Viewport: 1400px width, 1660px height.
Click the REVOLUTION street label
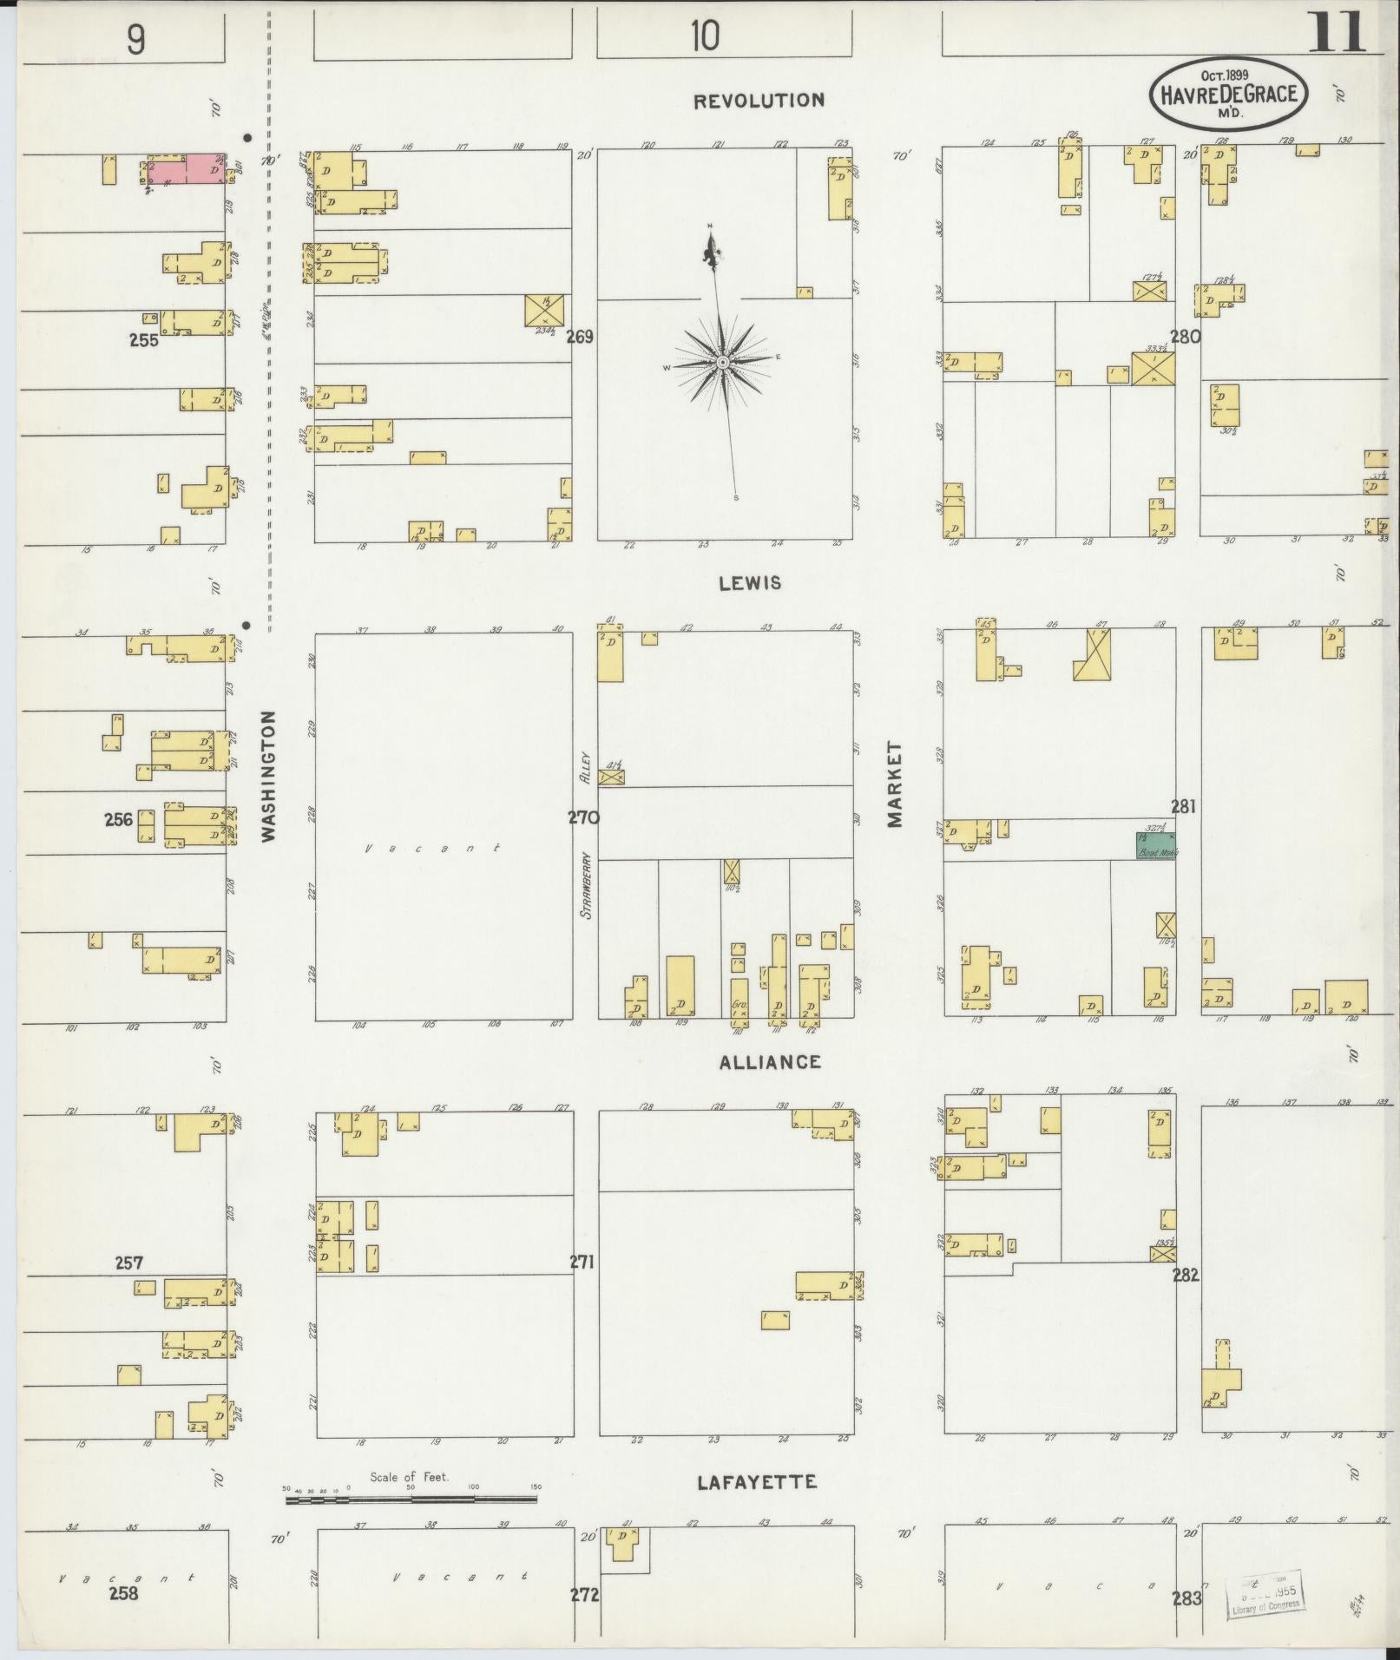tap(759, 101)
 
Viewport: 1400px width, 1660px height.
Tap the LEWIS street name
tap(750, 583)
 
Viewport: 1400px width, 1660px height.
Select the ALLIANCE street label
tap(770, 1061)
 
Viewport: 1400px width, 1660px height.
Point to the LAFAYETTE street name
tap(757, 1482)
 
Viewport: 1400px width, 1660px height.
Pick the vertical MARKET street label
tap(896, 784)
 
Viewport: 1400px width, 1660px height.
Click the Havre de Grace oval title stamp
tap(1228, 95)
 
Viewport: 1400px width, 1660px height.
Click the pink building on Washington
tap(187, 169)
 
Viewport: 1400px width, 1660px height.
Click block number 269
tap(579, 337)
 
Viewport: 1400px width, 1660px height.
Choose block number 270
tap(584, 817)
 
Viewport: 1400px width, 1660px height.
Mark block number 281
tap(1183, 806)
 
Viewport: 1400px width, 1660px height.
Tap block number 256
tap(118, 819)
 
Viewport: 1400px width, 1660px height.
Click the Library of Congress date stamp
tap(1267, 1594)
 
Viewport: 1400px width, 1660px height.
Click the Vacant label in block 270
tap(431, 848)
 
